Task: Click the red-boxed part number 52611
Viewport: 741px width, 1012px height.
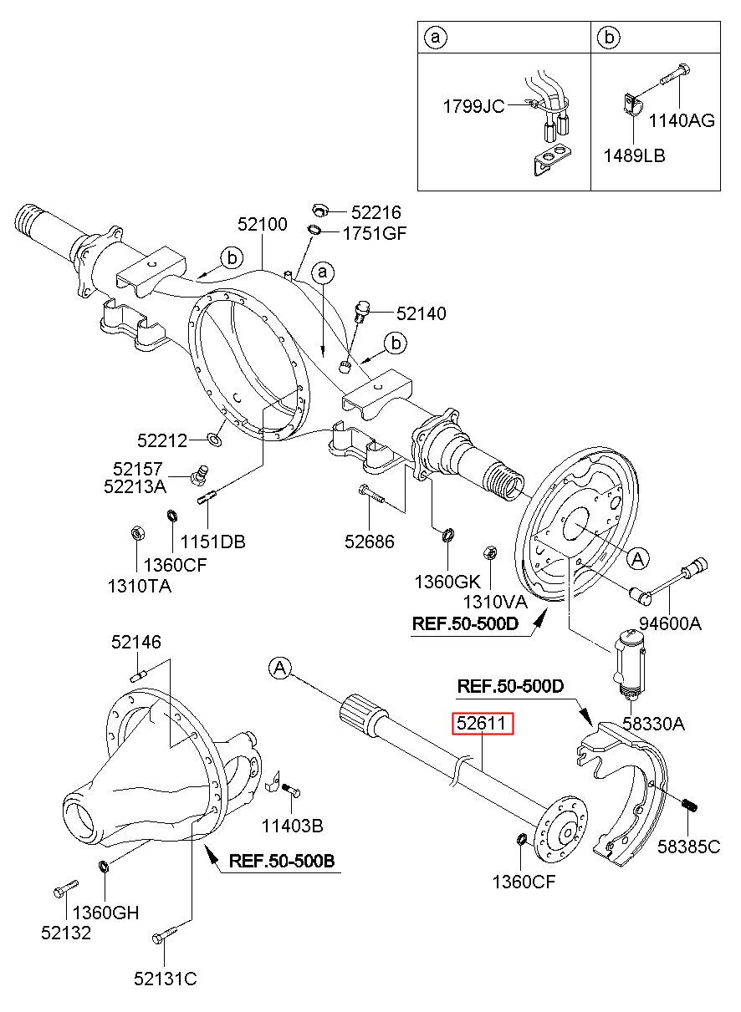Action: coord(483,724)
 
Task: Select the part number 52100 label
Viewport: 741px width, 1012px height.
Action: coord(263,224)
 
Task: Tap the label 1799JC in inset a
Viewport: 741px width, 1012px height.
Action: coord(473,107)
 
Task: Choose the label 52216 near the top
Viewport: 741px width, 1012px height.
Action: coord(376,213)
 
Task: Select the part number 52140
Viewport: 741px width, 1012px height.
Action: coord(421,314)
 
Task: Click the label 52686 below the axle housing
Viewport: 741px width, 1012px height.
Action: coord(370,542)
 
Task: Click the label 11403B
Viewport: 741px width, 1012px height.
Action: coord(293,826)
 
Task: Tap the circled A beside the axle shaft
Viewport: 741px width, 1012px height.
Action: coord(280,668)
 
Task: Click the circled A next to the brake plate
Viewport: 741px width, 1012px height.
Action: coord(637,558)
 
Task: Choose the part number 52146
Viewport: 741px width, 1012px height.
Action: coord(137,642)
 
